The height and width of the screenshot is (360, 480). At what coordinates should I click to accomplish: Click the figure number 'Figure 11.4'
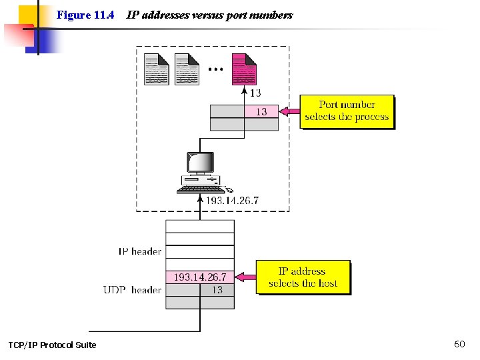coord(85,15)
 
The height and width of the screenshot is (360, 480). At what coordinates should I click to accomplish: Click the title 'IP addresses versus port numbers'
coord(209,15)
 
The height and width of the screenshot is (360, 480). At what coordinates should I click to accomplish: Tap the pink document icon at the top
coord(243,69)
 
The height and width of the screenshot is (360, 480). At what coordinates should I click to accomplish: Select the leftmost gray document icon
coord(157,69)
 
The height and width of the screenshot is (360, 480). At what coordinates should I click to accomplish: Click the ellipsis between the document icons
coord(215,68)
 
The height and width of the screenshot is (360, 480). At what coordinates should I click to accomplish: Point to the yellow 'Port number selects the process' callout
coord(347,111)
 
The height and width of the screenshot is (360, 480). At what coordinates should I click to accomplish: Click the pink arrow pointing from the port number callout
coord(289,111)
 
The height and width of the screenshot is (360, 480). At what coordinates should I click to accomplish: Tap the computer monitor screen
coord(200,163)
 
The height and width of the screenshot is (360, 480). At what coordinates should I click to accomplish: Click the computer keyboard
coord(197,189)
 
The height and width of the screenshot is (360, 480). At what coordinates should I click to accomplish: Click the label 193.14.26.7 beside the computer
coord(232,200)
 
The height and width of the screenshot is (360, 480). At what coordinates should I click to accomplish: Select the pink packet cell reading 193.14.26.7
coord(200,277)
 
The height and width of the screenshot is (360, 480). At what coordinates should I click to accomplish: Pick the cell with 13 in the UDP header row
coord(217,290)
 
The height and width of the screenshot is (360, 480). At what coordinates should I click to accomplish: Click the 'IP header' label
coord(140,251)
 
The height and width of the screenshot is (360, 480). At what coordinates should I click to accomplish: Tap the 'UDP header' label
coord(133,290)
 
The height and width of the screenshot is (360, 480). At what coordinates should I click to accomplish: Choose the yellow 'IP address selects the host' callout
coord(303,277)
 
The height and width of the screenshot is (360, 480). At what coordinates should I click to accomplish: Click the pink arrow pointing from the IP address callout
coord(247,277)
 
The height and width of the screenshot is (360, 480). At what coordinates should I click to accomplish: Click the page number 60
coord(459,344)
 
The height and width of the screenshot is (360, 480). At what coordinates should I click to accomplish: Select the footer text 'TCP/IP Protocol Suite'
coord(52,345)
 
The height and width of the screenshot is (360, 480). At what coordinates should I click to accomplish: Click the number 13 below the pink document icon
coord(255,93)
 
